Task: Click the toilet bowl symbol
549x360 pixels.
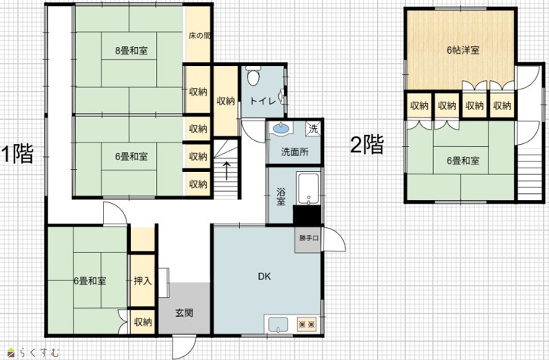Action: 253,76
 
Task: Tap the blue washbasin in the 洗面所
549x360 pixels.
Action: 281,128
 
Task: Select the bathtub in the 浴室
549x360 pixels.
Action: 307,188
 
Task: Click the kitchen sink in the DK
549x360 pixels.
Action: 278,324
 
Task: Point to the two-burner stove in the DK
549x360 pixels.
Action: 307,324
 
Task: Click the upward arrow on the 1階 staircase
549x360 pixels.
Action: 226,171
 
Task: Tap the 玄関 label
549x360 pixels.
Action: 184,313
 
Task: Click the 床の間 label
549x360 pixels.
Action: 199,36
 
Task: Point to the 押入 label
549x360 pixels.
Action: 142,280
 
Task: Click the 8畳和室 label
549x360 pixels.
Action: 131,51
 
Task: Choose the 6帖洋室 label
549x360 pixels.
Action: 463,50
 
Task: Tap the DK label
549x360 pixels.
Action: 264,276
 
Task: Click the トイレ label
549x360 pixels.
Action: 263,101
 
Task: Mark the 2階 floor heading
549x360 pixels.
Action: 367,145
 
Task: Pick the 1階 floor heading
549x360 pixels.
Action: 17,154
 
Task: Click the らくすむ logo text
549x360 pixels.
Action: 39,352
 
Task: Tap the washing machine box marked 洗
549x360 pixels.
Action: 313,128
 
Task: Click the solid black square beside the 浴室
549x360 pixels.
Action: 307,215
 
